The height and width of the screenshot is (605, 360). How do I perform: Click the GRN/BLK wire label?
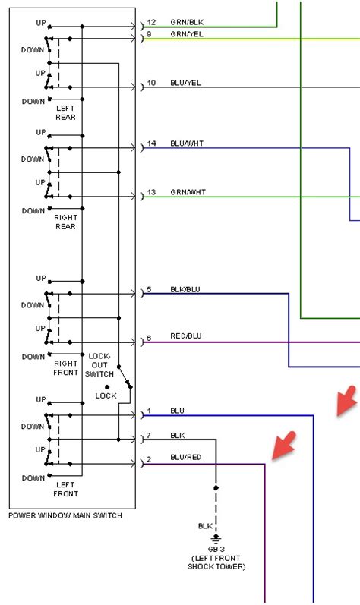coord(186,22)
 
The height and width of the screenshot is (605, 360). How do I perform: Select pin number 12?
coord(151,22)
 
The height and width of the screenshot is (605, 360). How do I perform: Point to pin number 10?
coord(151,82)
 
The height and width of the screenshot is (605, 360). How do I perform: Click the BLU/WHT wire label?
coord(187,143)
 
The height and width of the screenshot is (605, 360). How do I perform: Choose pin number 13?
coord(151,192)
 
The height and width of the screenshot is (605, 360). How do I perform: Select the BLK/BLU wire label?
coord(185,289)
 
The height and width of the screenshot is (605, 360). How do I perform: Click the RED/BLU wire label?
coord(185,336)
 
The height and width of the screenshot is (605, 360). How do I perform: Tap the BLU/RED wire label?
coord(185,457)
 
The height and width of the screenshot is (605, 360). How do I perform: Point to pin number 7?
coord(149,435)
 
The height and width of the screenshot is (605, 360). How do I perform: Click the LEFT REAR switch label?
coord(66,112)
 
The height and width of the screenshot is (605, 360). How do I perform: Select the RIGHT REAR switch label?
coord(66,222)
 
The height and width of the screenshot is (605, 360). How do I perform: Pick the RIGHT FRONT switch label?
coord(66,367)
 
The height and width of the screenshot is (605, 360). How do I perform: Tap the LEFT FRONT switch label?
coord(66,489)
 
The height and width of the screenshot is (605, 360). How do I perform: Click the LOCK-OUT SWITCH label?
coord(100,364)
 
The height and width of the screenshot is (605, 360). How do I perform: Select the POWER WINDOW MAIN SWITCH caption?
coord(65,516)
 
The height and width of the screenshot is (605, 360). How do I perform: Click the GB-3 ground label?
coord(216,549)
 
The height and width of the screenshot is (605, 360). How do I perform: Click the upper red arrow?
coord(346,400)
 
